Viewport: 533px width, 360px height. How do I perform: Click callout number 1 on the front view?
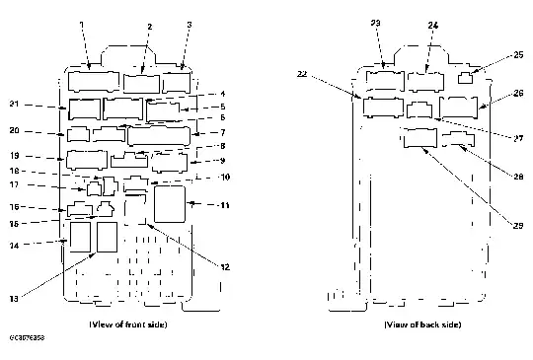(x=81, y=23)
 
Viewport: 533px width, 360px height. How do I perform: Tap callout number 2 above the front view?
(x=148, y=27)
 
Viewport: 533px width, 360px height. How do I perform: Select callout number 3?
(x=189, y=23)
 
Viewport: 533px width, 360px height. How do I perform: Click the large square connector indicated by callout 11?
(x=170, y=204)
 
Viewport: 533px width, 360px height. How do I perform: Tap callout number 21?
(x=14, y=105)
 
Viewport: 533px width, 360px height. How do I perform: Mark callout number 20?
(x=14, y=130)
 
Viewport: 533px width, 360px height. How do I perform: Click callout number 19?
(x=14, y=156)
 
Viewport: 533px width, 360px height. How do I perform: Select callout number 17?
(x=14, y=184)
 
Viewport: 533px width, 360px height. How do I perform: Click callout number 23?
(x=375, y=23)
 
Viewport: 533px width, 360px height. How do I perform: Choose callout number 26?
(x=519, y=95)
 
